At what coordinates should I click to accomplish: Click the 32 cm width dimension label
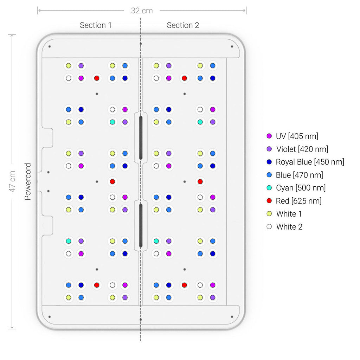[142, 11]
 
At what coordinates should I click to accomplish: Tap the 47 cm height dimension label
[12, 181]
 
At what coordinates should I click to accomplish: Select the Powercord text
[28, 181]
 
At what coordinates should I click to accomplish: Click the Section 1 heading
[96, 25]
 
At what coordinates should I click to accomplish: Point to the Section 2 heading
[183, 25]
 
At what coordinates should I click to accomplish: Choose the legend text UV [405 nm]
[297, 136]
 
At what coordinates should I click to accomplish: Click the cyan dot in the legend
[269, 188]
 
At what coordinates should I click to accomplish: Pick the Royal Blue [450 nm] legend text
[310, 162]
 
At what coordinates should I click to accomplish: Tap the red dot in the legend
[269, 201]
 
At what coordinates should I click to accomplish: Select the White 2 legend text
[289, 227]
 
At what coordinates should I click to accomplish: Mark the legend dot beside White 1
[269, 214]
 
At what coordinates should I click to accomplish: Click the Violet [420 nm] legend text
[302, 149]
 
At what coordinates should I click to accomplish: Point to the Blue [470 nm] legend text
[300, 175]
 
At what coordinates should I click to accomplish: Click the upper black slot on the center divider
[141, 138]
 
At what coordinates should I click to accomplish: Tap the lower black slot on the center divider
[141, 225]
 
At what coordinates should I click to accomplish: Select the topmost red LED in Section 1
[97, 78]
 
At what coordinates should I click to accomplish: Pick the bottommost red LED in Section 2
[184, 285]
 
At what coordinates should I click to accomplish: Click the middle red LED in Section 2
[200, 181]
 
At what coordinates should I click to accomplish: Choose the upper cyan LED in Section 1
[112, 122]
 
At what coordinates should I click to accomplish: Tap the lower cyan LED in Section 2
[156, 241]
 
